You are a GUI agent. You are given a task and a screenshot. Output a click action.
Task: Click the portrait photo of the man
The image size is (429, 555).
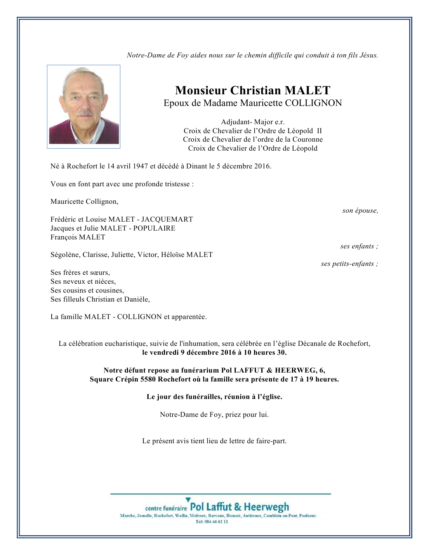[x=83, y=106]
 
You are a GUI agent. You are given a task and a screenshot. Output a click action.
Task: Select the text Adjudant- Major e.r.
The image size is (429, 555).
[x=253, y=122]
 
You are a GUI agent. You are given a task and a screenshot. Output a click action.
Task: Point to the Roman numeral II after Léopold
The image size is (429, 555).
[x=319, y=131]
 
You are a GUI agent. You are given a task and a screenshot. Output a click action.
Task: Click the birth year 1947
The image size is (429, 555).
[x=140, y=166]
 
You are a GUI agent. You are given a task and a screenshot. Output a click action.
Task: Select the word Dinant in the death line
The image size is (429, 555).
[x=196, y=166]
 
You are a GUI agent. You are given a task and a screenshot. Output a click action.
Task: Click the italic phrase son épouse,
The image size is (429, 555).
[x=360, y=211]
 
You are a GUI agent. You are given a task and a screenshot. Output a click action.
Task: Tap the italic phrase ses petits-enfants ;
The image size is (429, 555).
[x=349, y=264]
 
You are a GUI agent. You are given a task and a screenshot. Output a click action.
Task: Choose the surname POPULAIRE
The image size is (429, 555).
[x=154, y=228]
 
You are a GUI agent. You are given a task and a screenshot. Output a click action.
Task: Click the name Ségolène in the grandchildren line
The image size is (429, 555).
[x=65, y=255]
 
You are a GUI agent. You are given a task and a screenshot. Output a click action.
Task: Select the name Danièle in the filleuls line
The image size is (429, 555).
[x=137, y=299]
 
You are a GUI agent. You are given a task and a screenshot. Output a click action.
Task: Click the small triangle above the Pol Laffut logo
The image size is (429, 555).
[x=188, y=499]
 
